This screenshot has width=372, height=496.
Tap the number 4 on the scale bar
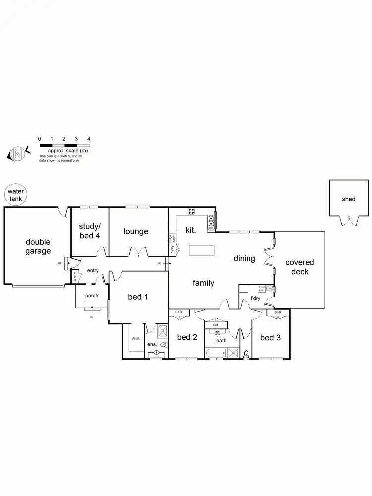(x=89, y=139)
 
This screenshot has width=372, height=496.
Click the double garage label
(x=38, y=247)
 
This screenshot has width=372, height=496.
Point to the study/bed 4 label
(x=90, y=232)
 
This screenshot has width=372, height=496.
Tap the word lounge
(x=136, y=231)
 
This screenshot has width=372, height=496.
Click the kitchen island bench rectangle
(x=202, y=250)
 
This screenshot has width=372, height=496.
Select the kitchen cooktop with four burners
(x=192, y=212)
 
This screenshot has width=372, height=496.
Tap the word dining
(x=245, y=258)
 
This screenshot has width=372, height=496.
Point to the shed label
(x=349, y=199)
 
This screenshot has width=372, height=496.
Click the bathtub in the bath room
(x=216, y=353)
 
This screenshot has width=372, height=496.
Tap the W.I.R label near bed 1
(x=136, y=339)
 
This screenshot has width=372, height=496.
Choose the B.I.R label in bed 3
(x=278, y=312)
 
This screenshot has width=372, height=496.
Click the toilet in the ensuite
(x=163, y=344)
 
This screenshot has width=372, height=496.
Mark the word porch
(x=91, y=296)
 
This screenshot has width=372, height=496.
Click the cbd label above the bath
(x=216, y=325)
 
